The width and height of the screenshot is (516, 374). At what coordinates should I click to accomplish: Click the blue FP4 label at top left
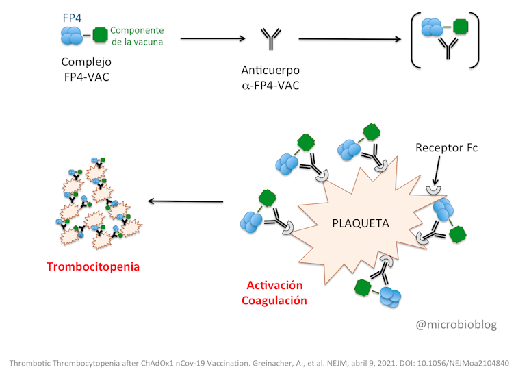[x=70, y=18]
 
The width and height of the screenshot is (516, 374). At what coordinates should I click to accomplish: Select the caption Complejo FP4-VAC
[x=85, y=68]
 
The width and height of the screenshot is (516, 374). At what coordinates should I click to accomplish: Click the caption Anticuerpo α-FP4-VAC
[x=270, y=79]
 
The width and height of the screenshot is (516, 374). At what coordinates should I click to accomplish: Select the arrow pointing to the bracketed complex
[x=350, y=39]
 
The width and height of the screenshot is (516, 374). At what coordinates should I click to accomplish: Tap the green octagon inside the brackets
[x=462, y=27]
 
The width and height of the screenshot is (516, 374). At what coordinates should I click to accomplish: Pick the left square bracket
[x=415, y=39]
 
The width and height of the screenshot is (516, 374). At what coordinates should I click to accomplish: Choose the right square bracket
[x=474, y=39]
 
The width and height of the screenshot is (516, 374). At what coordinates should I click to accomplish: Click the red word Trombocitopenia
[x=93, y=266]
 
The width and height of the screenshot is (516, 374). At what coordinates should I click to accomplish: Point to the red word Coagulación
[x=276, y=300]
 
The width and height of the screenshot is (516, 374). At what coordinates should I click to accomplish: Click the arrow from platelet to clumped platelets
[x=186, y=201]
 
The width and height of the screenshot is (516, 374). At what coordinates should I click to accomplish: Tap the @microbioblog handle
[x=456, y=324]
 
